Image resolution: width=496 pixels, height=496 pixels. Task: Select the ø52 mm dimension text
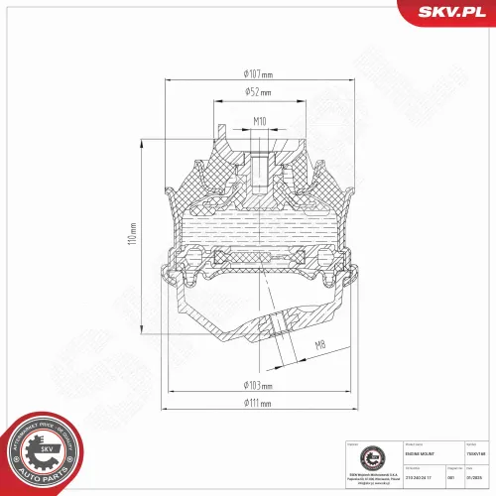257,92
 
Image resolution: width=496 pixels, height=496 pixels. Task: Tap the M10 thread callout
259,122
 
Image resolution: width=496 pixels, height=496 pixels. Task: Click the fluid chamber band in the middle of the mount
258,235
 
